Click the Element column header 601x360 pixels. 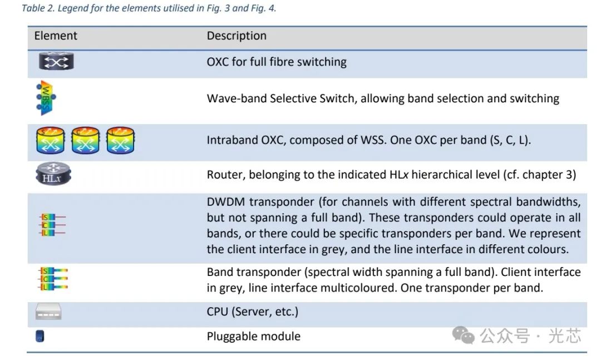point(56,36)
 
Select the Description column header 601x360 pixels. point(237,36)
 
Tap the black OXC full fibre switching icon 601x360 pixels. point(56,61)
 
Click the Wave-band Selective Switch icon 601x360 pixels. point(46,98)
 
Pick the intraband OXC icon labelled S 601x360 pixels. point(50,140)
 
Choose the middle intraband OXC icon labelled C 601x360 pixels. point(85,140)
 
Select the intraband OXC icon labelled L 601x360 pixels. point(120,140)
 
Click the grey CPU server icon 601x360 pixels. point(48,312)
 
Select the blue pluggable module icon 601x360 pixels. point(40,336)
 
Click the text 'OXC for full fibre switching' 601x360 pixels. point(277,61)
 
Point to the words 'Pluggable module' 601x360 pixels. point(253,336)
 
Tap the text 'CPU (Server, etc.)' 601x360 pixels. point(252,312)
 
